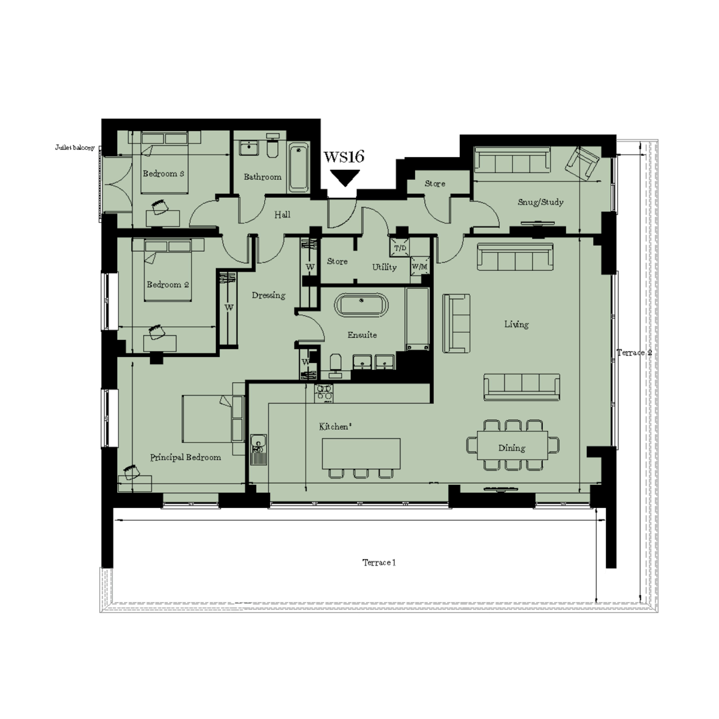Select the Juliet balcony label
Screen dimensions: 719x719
click(x=75, y=148)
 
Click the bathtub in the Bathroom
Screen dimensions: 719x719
click(x=299, y=168)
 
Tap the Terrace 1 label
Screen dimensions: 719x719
click(x=379, y=563)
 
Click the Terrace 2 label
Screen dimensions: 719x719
click(x=634, y=352)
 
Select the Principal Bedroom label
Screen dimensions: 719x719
click(x=185, y=457)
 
